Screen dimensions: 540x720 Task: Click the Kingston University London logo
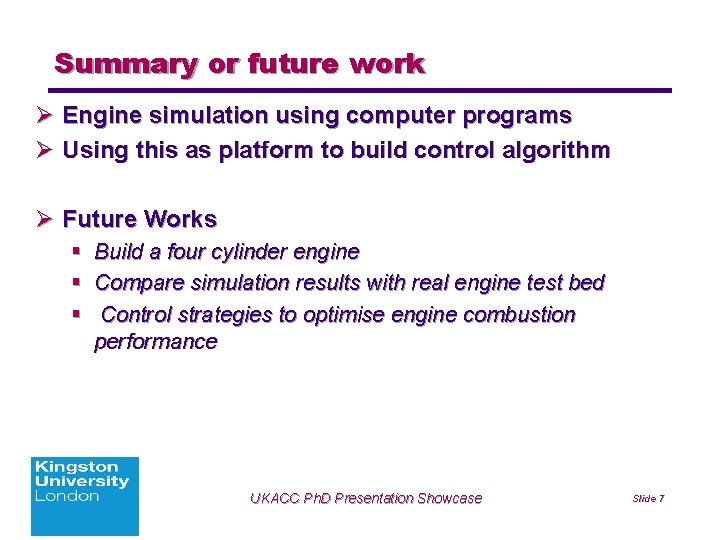tap(85, 495)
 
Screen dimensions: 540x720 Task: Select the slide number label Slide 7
tap(649, 498)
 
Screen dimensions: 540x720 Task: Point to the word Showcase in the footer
tap(449, 498)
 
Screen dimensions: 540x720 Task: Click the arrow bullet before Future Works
tap(44, 218)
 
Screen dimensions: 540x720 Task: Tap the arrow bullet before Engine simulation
tap(44, 116)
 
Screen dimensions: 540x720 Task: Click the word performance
tap(155, 342)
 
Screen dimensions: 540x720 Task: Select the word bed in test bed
tap(586, 282)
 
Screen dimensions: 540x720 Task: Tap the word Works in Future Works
tap(181, 218)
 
